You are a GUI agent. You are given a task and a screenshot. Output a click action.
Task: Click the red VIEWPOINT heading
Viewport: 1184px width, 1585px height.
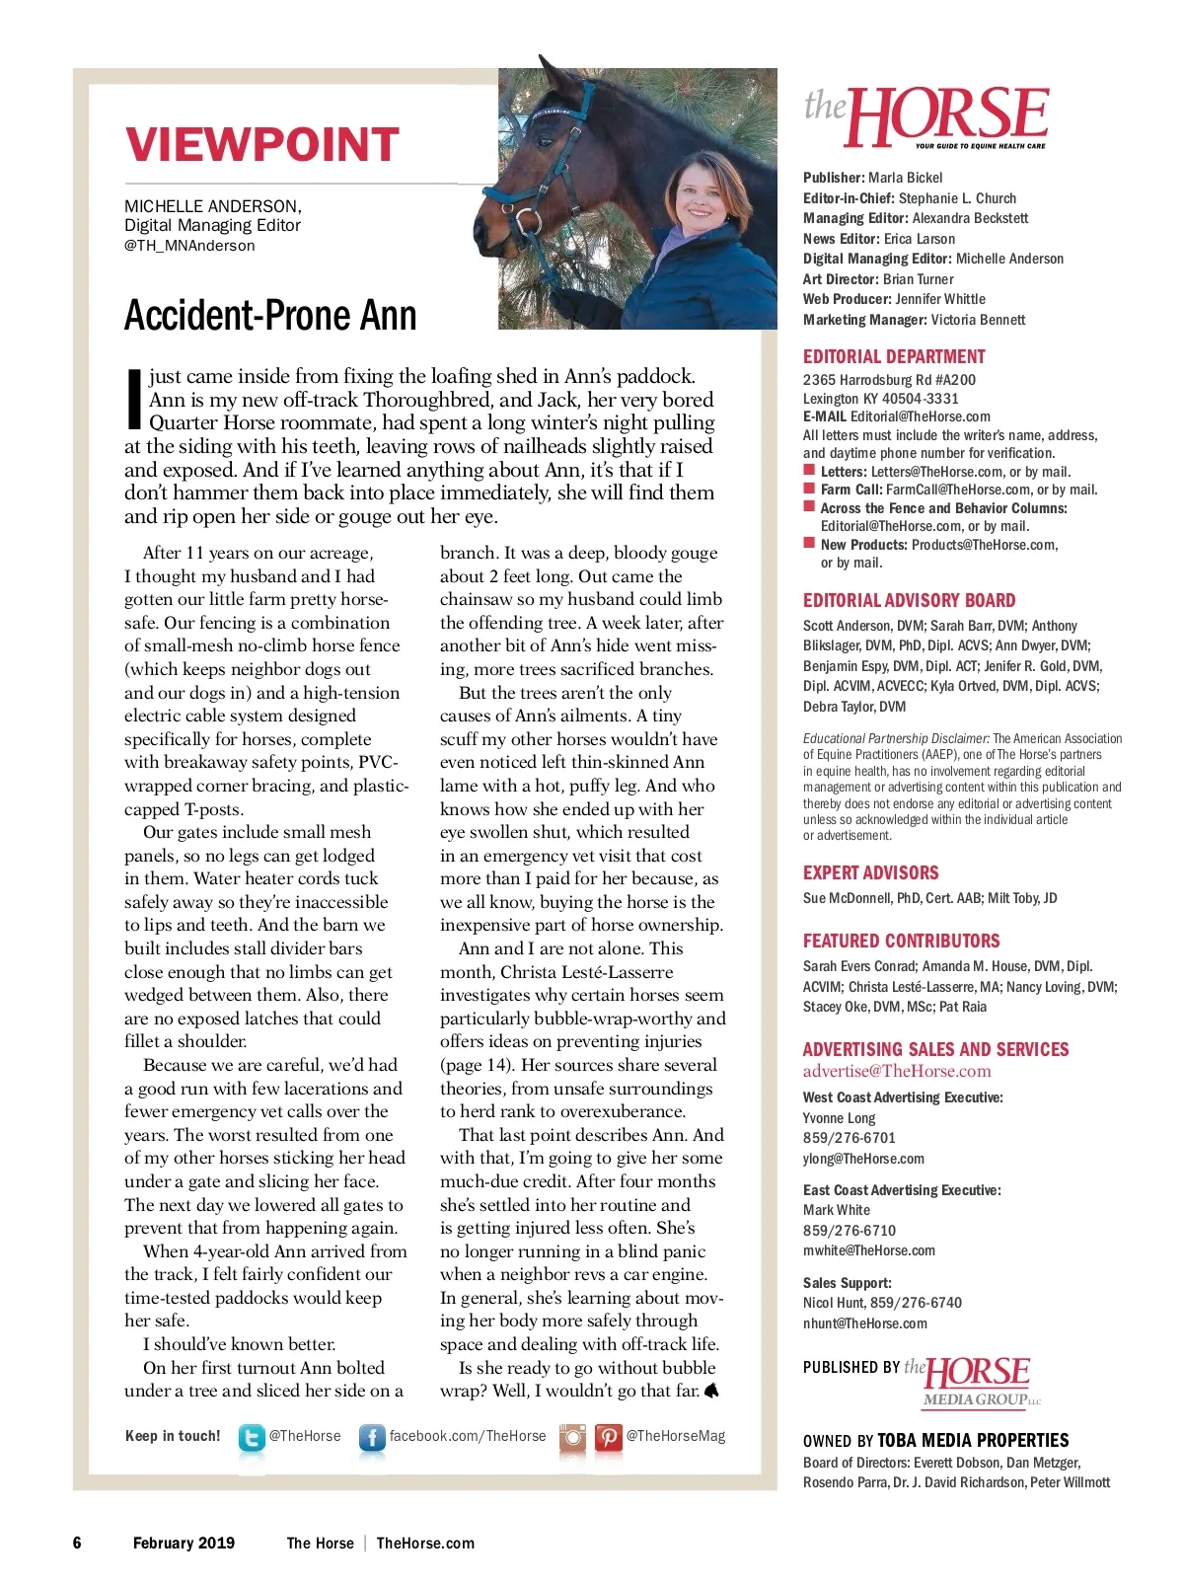pyautogui.click(x=261, y=145)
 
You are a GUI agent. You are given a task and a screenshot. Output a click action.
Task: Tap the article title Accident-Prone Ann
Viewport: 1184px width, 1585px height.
pyautogui.click(x=270, y=316)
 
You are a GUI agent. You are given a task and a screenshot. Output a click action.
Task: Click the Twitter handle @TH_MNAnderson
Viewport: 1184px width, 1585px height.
pyautogui.click(x=189, y=246)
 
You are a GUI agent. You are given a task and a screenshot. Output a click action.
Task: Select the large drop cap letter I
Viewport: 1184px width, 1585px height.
pyautogui.click(x=135, y=399)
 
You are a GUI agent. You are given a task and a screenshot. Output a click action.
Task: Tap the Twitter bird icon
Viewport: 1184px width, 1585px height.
pyautogui.click(x=252, y=1437)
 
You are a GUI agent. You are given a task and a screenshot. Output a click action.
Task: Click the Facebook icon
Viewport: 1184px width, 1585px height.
pyautogui.click(x=371, y=1437)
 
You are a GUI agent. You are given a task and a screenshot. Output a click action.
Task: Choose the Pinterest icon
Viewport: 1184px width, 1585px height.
pyautogui.click(x=608, y=1437)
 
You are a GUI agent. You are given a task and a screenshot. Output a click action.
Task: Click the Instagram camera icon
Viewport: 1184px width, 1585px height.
pyautogui.click(x=572, y=1437)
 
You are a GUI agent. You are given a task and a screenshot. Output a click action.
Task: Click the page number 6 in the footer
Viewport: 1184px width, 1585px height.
pyautogui.click(x=77, y=1543)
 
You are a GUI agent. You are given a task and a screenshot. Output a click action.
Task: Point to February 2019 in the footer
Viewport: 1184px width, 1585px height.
pyautogui.click(x=184, y=1543)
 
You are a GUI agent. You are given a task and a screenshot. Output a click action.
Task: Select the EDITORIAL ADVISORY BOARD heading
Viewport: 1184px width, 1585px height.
pyautogui.click(x=909, y=600)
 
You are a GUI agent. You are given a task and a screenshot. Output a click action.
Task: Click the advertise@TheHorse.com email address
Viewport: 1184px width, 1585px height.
pyautogui.click(x=896, y=1071)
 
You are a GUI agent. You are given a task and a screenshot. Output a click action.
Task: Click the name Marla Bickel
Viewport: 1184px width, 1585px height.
pyautogui.click(x=905, y=178)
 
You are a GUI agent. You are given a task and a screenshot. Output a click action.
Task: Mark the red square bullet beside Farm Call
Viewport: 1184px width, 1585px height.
pyautogui.click(x=809, y=489)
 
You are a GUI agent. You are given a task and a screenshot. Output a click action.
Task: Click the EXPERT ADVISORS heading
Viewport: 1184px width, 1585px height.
pyautogui.click(x=870, y=872)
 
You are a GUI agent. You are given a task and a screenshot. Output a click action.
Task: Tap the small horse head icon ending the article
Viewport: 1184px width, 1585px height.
pyautogui.click(x=711, y=1391)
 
